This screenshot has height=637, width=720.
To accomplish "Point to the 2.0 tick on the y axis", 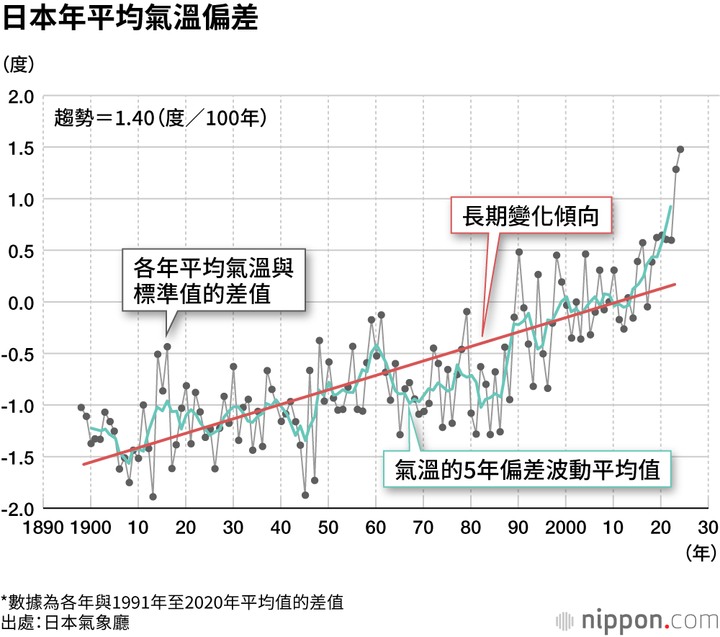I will coord(22,96).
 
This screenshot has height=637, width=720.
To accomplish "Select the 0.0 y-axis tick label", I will coord(22,303).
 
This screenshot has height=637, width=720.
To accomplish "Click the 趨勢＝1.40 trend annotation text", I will coord(161,117).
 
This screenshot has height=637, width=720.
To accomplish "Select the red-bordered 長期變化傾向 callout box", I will coord(531,215).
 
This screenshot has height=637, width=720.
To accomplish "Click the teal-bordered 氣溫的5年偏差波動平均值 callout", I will coord(527,471).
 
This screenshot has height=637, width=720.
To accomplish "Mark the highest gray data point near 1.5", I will coord(680,149).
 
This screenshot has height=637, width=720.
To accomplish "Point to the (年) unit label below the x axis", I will coord(698,553).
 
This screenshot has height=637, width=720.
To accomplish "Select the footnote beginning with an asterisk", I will coord(172,602).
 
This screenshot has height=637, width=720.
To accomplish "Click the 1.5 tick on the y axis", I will coord(22,148).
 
